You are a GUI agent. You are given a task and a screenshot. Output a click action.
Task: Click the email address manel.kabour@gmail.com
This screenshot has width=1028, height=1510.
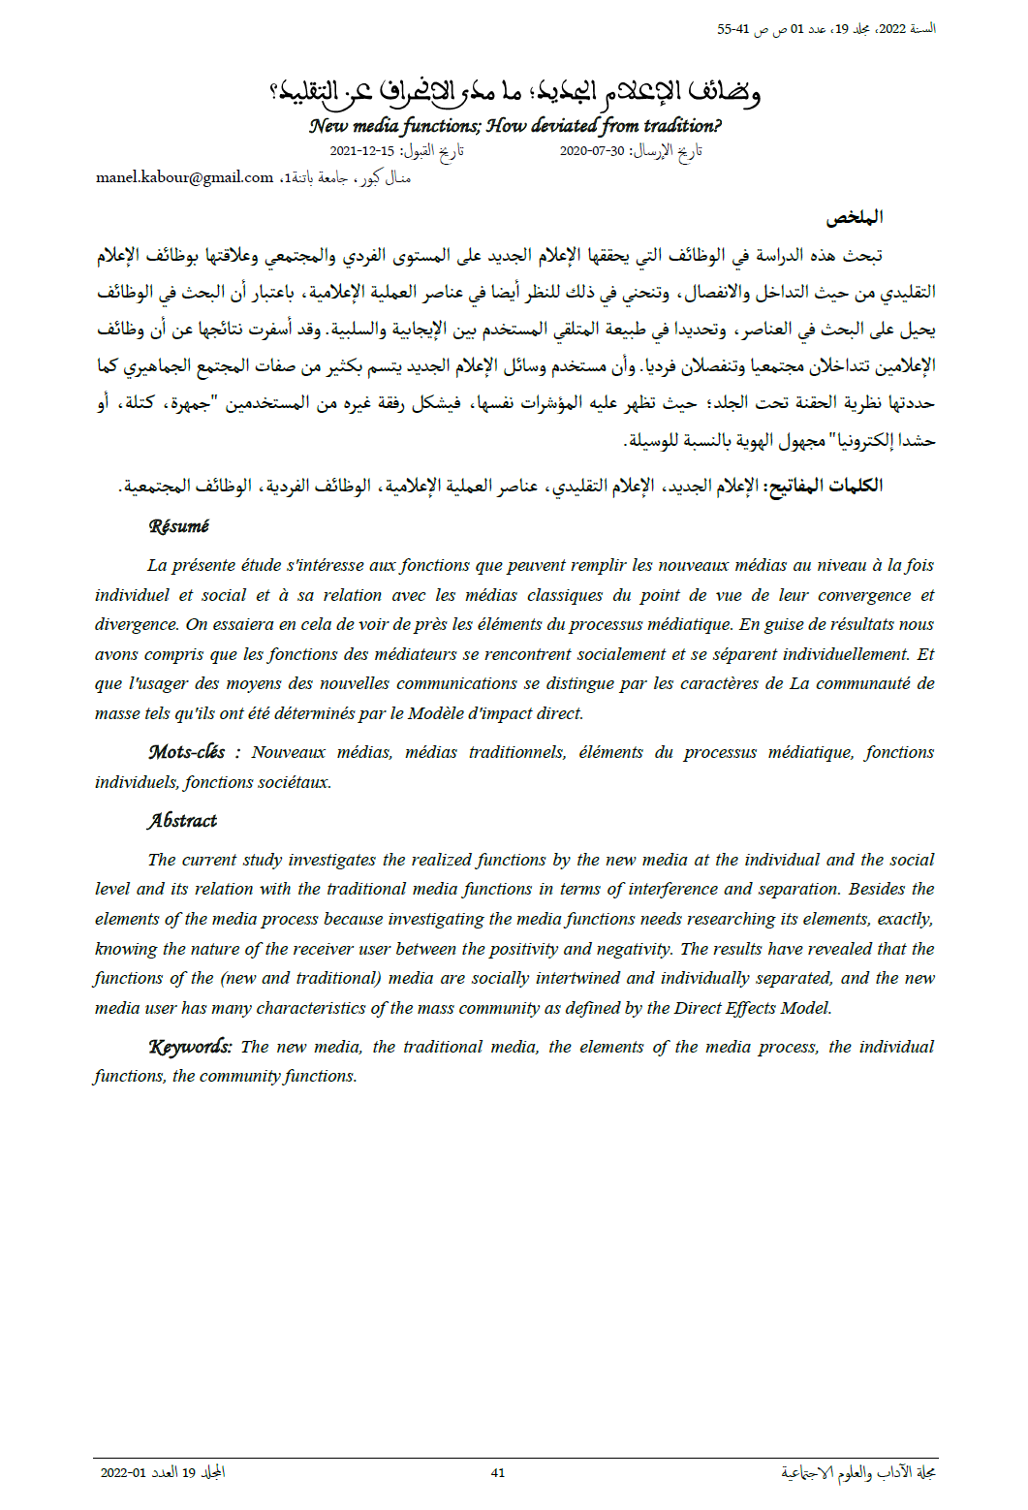click(x=184, y=177)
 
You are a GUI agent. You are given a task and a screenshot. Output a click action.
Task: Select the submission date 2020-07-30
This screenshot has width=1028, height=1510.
click(x=592, y=151)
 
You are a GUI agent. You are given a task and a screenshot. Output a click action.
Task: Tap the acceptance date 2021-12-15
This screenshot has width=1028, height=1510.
click(x=362, y=151)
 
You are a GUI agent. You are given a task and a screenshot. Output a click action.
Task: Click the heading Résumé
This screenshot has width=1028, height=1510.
click(x=179, y=526)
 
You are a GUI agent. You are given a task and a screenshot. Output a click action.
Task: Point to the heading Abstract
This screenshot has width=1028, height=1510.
click(x=182, y=821)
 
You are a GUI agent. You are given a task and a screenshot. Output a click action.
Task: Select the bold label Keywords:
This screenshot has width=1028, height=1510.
click(x=190, y=1047)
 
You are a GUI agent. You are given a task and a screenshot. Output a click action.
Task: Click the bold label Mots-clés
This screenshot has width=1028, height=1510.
click(x=187, y=752)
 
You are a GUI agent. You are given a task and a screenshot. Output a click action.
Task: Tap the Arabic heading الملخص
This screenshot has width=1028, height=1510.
click(x=855, y=217)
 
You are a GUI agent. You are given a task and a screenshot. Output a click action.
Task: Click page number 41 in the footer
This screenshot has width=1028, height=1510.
click(x=498, y=1472)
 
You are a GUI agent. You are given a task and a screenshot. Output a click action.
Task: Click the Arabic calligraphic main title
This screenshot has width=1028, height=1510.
click(x=514, y=92)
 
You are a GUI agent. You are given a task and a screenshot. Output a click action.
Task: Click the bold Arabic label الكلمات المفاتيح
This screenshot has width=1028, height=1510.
click(x=825, y=486)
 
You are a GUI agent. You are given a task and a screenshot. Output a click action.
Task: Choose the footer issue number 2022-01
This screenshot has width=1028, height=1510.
click(x=123, y=1473)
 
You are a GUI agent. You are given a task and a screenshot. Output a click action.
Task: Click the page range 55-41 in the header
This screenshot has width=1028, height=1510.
click(x=733, y=29)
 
